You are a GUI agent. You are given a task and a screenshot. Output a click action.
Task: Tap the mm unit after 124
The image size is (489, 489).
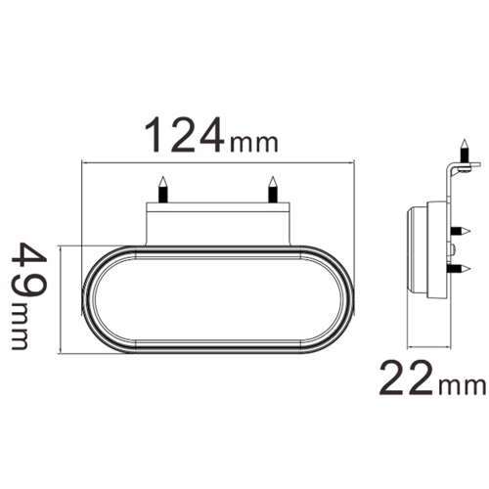coord(253,143)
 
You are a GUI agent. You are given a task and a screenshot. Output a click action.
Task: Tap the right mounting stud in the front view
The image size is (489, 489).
coord(273,188)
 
